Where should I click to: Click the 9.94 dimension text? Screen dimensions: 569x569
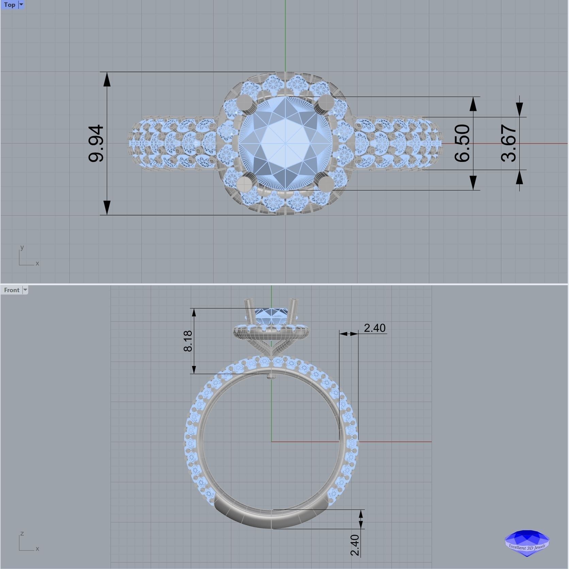pyautogui.click(x=96, y=143)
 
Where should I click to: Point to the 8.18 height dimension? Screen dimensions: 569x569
pyautogui.click(x=188, y=341)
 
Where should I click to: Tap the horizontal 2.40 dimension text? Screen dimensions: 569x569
pyautogui.click(x=374, y=328)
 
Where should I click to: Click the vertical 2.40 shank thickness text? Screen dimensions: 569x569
pyautogui.click(x=355, y=545)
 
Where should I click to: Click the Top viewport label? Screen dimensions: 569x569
pyautogui.click(x=10, y=5)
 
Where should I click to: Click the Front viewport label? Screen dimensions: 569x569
pyautogui.click(x=12, y=290)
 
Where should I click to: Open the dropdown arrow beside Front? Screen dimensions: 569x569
pyautogui.click(x=25, y=290)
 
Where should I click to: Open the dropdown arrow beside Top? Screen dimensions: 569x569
pyautogui.click(x=21, y=5)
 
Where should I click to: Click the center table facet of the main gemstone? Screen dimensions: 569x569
pyautogui.click(x=285, y=143)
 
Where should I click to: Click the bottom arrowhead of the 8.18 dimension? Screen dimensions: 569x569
pyautogui.click(x=194, y=369)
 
